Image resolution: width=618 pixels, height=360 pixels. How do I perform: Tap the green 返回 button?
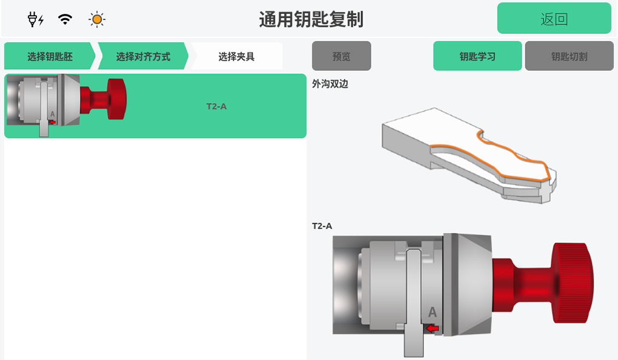(x=554, y=19)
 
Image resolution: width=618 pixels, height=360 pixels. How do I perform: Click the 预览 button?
(x=341, y=56)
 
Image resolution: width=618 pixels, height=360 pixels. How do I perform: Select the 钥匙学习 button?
(x=477, y=56)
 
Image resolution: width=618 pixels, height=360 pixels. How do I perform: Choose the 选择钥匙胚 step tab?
(x=50, y=56)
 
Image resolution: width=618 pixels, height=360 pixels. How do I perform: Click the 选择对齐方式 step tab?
(x=143, y=56)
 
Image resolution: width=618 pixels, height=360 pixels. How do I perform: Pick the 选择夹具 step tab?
(x=236, y=56)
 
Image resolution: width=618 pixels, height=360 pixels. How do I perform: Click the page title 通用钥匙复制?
(x=311, y=19)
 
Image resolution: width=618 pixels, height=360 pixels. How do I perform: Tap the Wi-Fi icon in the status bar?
(x=65, y=19)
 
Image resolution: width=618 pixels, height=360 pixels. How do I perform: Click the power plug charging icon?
(x=35, y=19)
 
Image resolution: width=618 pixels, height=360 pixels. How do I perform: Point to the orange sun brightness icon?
(x=97, y=19)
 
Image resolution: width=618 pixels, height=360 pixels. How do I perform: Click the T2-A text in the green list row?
(x=216, y=107)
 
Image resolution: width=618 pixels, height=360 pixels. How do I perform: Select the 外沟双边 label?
(x=330, y=84)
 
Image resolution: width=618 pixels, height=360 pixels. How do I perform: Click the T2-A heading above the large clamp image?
(x=322, y=226)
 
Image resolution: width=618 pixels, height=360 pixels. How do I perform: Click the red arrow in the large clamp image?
(x=433, y=328)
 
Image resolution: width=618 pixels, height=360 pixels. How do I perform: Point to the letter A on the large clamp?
(x=433, y=312)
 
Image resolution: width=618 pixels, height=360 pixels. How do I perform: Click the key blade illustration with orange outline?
(x=469, y=155)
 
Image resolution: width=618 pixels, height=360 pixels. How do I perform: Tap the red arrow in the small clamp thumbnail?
(x=53, y=122)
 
